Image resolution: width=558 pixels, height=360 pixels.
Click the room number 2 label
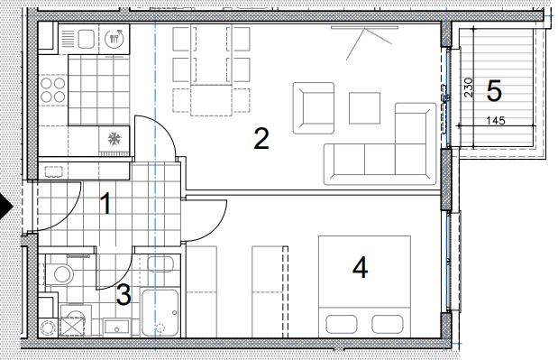pos(261,139)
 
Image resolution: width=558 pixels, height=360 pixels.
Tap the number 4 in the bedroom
pos(360,268)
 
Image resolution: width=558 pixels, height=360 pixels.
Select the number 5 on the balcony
pos(494,91)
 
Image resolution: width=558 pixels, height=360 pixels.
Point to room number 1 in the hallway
pos(105,204)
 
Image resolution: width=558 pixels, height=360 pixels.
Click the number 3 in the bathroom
pos(123,295)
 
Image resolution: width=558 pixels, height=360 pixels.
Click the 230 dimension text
pos(469,88)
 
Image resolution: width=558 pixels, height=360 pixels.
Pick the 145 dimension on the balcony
pos(496,120)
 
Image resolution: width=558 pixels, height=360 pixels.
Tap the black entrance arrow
pos(5,207)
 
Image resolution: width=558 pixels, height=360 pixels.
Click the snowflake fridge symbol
pos(114,139)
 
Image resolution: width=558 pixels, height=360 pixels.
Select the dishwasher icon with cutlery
pos(114,38)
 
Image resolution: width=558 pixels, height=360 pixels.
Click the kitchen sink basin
pos(87,39)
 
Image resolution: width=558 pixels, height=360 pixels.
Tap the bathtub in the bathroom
pos(160,313)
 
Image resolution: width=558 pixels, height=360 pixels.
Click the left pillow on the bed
pos(342,324)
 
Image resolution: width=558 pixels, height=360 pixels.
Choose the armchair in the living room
pos(314,108)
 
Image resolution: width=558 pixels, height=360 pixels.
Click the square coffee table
pos(364,108)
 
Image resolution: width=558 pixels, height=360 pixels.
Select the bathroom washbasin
pos(116,328)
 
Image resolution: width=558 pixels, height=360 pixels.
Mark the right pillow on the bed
pos(388,324)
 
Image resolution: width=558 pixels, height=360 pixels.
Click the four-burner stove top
pos(53,89)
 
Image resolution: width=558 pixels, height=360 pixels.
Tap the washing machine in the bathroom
pos(75,320)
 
